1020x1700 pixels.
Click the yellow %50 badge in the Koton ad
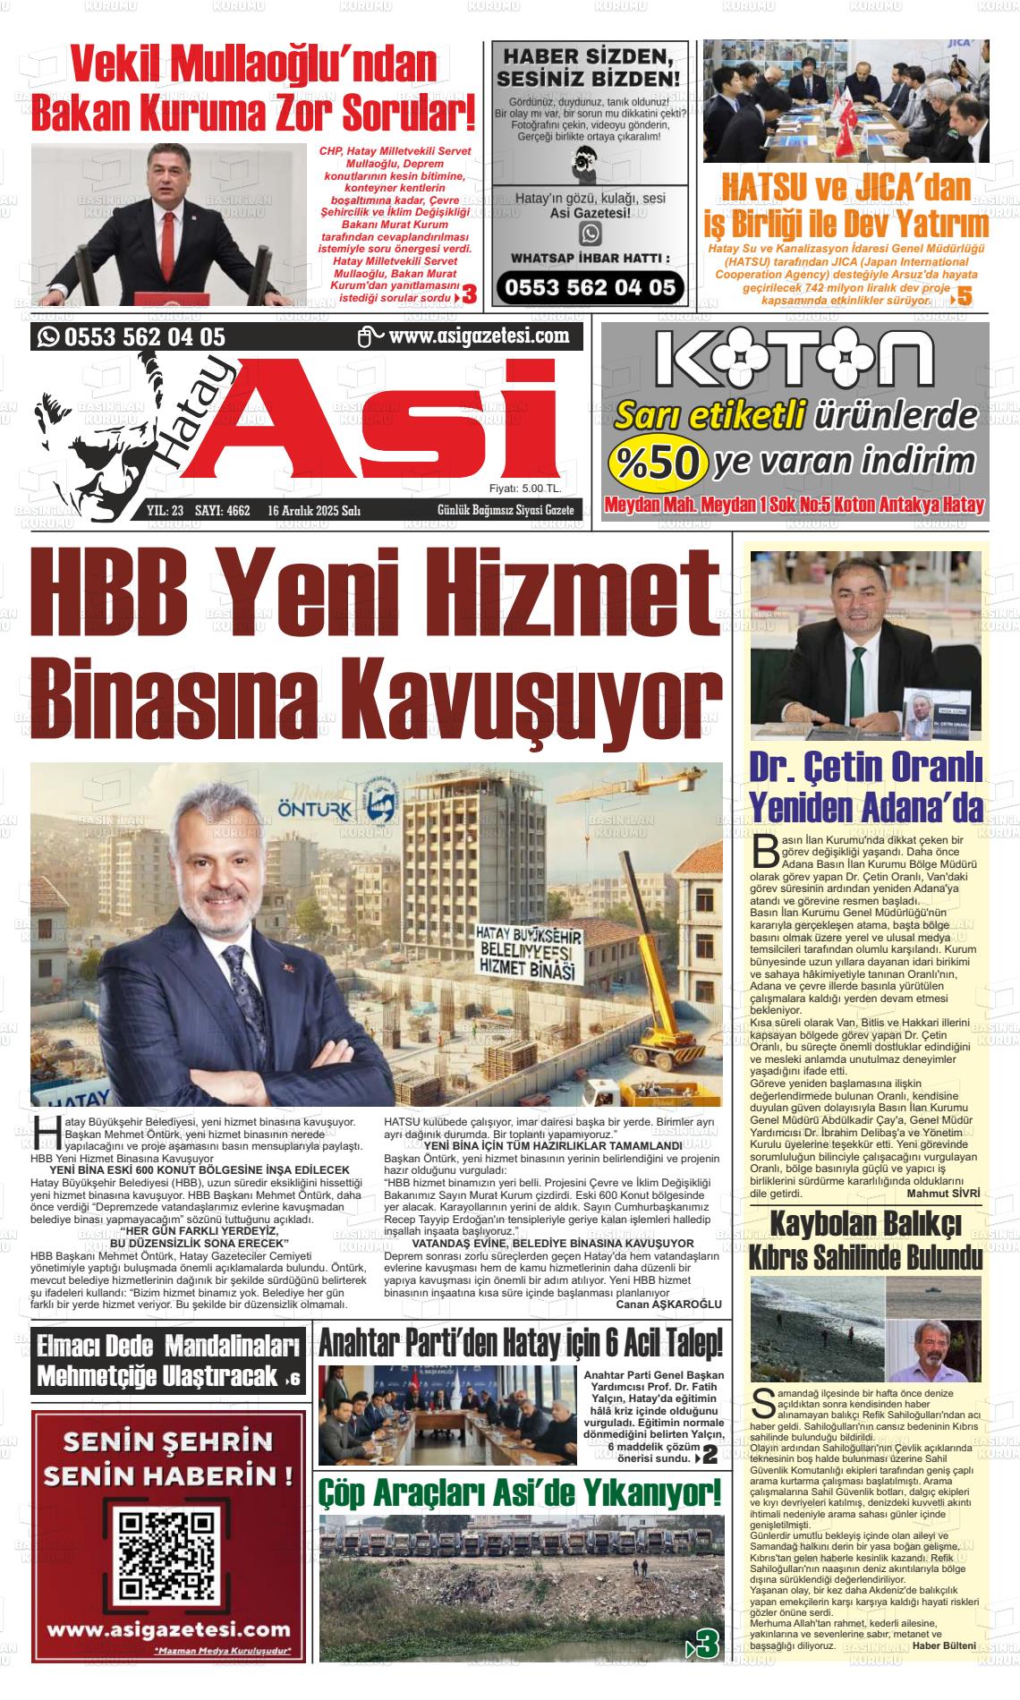[658, 461]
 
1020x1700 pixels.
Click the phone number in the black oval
[591, 288]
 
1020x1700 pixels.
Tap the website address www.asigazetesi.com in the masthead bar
[479, 336]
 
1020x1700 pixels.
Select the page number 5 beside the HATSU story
[964, 296]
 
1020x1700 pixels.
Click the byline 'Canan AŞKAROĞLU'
[668, 1305]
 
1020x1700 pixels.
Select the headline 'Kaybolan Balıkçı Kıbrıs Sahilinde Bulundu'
[866, 1240]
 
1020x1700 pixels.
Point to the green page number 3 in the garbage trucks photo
[706, 1644]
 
